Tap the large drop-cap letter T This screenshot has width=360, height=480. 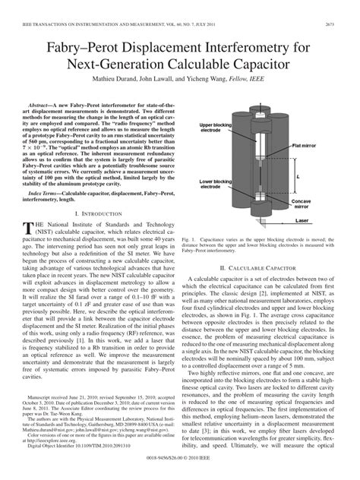coord(31,228)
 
